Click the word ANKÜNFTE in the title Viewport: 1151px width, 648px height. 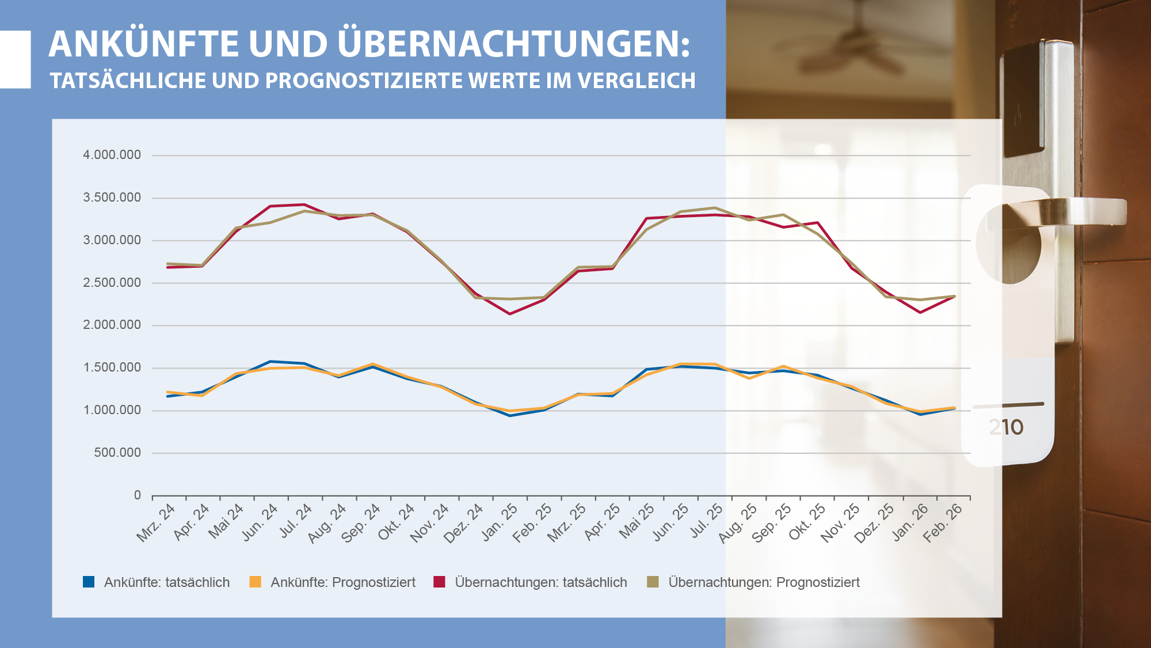pos(144,44)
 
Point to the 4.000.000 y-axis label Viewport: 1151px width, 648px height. pos(112,155)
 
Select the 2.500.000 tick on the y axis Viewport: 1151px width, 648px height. pos(112,283)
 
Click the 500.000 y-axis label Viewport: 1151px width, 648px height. pos(117,453)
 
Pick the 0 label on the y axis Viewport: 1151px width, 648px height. pos(137,495)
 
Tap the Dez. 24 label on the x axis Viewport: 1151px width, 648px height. pos(464,523)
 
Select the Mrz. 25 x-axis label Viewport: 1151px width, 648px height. pos(567,523)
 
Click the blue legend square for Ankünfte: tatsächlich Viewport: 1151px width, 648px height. pos(89,582)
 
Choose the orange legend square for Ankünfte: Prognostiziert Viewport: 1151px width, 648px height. pos(255,582)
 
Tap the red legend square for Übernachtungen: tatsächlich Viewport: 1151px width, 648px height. pos(439,582)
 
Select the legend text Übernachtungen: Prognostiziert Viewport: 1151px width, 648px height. pos(764,582)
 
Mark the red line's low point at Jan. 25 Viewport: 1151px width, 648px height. pos(510,314)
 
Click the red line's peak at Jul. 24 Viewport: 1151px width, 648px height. pos(304,204)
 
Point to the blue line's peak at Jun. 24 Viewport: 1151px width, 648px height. pos(270,362)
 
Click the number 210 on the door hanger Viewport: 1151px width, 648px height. pos(1006,427)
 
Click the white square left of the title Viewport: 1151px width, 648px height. pos(16,59)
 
